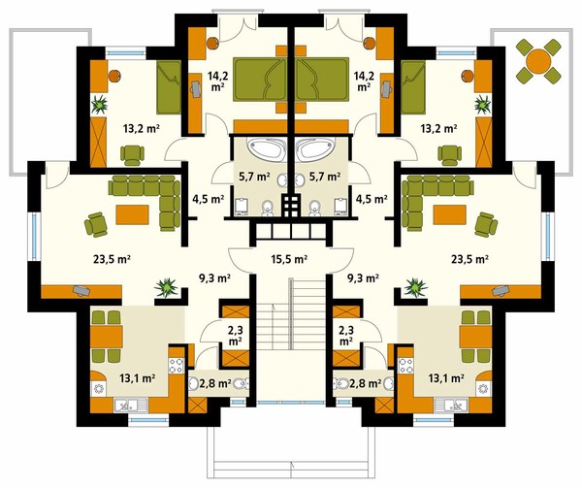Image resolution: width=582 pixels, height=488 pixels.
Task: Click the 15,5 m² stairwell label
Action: pyautogui.click(x=289, y=259)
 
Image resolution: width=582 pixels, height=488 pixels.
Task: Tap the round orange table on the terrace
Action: pyautogui.click(x=537, y=61)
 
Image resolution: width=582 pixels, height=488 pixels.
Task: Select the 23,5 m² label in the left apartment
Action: pyautogui.click(x=112, y=259)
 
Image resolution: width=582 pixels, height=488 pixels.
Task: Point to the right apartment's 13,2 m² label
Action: pyautogui.click(x=438, y=129)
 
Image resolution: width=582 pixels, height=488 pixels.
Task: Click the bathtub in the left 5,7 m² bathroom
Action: pyautogui.click(x=266, y=149)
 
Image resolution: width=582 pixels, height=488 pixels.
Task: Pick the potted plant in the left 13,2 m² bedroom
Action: pyautogui.click(x=100, y=104)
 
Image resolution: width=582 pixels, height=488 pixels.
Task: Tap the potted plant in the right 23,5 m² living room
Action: pyautogui.click(x=416, y=287)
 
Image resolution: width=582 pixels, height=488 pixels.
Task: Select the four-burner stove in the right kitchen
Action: pyautogui.click(x=405, y=365)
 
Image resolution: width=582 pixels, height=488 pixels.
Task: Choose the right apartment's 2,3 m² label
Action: pyautogui.click(x=345, y=335)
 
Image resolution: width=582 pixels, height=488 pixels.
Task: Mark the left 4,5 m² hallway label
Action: pyautogui.click(x=208, y=199)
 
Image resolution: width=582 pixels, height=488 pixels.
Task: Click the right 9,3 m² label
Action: pyautogui.click(x=362, y=277)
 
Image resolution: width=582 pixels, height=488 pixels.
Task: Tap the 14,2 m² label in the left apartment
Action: pyautogui.click(x=217, y=81)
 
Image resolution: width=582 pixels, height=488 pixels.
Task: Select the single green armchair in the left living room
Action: pyautogui.click(x=96, y=224)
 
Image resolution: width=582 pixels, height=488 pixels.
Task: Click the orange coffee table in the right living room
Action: pyautogui.click(x=449, y=214)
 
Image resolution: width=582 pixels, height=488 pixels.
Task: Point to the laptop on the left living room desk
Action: pyautogui.click(x=81, y=290)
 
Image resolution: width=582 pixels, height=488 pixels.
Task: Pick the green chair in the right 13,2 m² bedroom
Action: pyautogui.click(x=449, y=155)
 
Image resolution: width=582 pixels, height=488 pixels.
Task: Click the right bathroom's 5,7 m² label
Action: pyautogui.click(x=325, y=177)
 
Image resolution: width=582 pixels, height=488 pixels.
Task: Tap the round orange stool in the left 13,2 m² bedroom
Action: pyautogui.click(x=115, y=76)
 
